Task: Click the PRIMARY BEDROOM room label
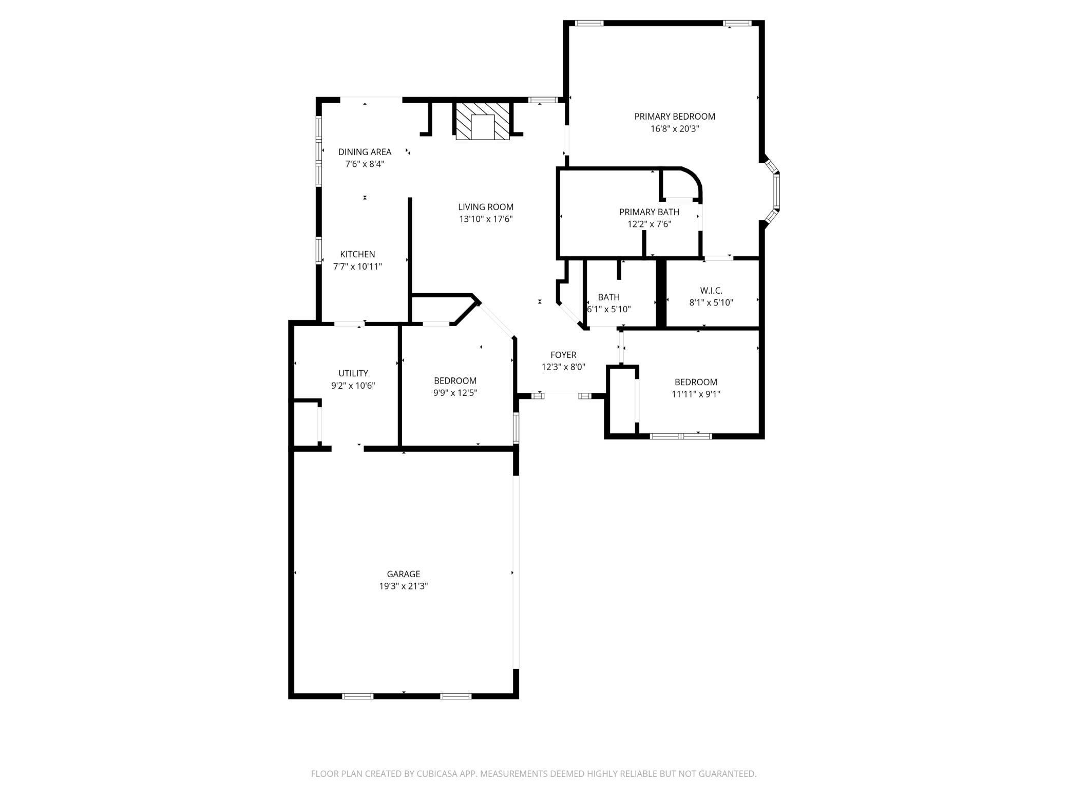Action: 674,117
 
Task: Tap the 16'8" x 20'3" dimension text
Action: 675,129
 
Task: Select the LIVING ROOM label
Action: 486,207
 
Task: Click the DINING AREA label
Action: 365,152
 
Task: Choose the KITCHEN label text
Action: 357,254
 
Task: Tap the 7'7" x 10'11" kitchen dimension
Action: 357,266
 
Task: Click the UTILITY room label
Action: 353,373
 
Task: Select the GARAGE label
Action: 404,574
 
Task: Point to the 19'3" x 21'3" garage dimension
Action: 404,586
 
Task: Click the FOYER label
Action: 563,355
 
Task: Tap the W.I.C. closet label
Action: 711,291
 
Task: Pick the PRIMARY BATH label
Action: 649,212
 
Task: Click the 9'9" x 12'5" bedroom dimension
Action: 455,393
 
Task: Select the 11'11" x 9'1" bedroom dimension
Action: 696,394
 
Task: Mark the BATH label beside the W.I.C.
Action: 608,297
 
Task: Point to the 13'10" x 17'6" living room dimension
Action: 486,219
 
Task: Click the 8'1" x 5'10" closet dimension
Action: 711,303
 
